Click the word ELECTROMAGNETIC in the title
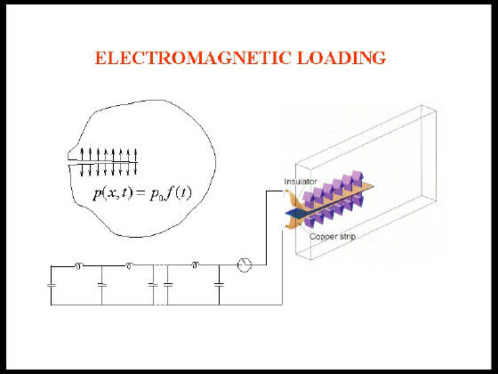point(193,58)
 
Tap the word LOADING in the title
point(341,58)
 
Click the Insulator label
point(301,182)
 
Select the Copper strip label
point(333,237)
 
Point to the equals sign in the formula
point(141,194)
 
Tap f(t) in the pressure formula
point(179,192)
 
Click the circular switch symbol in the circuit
point(245,264)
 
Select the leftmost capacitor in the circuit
point(52,285)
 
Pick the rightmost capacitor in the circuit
point(219,285)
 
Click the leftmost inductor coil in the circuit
point(78,266)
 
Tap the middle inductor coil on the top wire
point(129,265)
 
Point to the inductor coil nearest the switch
point(195,265)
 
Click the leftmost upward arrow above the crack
point(82,155)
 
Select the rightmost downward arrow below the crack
point(136,169)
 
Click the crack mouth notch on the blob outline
point(69,162)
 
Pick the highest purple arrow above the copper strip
point(357,176)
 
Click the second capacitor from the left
point(102,285)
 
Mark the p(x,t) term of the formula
point(112,193)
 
